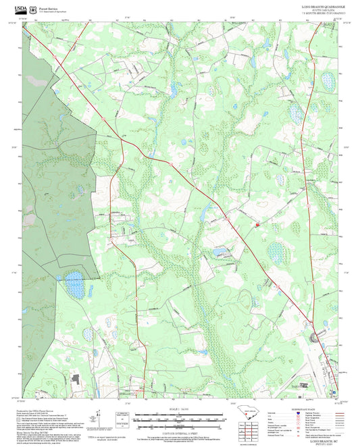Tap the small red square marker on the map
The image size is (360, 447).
257,223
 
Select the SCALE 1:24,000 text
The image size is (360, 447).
179,407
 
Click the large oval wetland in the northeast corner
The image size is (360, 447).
328,81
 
